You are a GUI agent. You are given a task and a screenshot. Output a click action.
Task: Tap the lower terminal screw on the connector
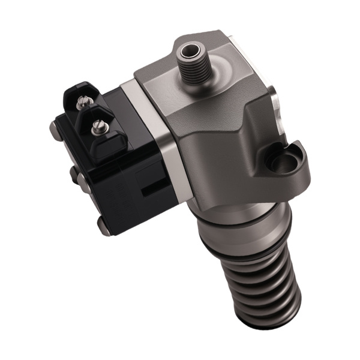[96, 127]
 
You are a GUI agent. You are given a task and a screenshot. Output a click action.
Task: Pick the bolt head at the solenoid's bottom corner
[104, 228]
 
